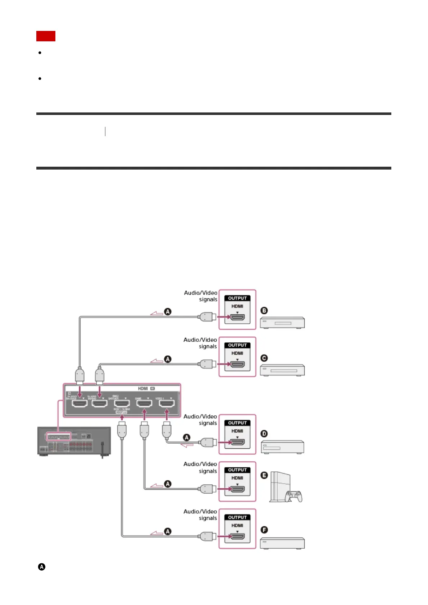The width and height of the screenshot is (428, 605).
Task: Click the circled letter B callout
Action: click(x=264, y=311)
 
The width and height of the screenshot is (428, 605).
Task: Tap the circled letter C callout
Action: click(x=264, y=358)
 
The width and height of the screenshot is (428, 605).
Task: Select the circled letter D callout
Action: click(x=264, y=434)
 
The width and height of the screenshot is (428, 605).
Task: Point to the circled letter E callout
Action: click(x=264, y=475)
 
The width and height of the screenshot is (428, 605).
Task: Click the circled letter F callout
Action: click(x=264, y=530)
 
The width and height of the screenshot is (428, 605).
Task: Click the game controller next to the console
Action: click(x=294, y=496)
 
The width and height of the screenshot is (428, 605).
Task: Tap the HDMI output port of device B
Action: click(x=237, y=317)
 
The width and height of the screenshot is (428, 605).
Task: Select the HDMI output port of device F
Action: click(x=237, y=536)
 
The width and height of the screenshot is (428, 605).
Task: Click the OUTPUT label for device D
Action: click(x=237, y=423)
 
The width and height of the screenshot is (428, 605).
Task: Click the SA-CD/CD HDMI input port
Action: click(x=79, y=403)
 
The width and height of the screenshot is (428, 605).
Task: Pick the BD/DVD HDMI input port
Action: click(x=100, y=403)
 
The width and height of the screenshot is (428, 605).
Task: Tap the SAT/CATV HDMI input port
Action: click(x=122, y=403)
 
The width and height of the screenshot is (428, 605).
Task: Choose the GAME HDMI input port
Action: click(x=144, y=403)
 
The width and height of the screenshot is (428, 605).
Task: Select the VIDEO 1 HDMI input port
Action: click(x=167, y=403)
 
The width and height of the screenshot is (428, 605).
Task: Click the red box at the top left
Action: click(x=46, y=36)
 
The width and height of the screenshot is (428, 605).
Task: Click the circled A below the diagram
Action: click(x=42, y=567)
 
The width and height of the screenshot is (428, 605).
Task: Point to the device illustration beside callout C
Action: click(x=282, y=370)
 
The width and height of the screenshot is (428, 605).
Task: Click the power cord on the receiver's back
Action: click(x=103, y=449)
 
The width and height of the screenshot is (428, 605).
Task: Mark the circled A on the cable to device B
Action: click(x=168, y=311)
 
